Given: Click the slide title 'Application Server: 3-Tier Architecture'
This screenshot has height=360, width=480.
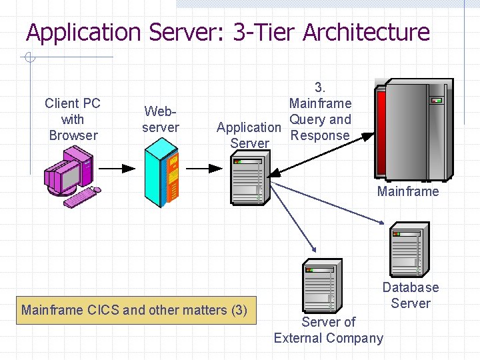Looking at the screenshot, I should (x=227, y=32).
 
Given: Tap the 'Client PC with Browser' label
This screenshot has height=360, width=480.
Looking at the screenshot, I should (x=72, y=119).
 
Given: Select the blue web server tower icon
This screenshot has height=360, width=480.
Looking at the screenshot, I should (x=161, y=175).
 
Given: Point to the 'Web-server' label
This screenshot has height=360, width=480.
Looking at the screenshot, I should (x=161, y=119).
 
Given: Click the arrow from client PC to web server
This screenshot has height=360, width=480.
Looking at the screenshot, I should (x=117, y=169).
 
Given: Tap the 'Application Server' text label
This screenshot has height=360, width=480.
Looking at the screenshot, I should (x=249, y=135).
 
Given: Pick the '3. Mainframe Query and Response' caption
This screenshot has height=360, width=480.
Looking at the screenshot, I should (x=320, y=111).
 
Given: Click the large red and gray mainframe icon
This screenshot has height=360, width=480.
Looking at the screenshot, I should (x=413, y=128).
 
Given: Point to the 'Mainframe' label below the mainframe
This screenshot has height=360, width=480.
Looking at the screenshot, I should (x=408, y=191).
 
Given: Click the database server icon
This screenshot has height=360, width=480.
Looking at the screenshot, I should (x=407, y=249).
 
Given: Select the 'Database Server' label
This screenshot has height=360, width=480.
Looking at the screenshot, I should (x=411, y=295).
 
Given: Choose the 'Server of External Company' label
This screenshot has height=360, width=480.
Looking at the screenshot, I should (x=329, y=330).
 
